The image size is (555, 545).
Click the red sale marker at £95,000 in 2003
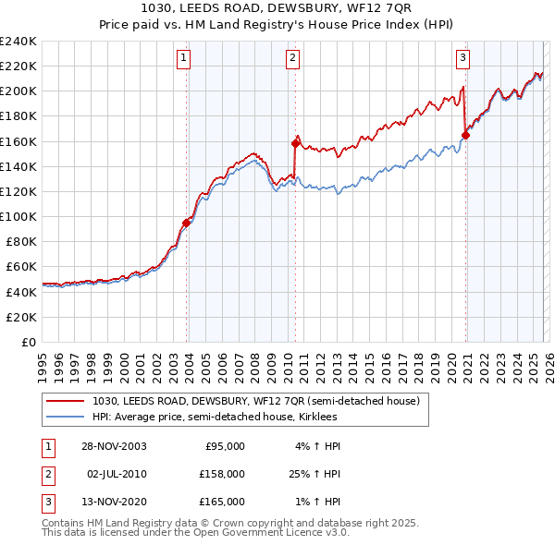coord(187,223)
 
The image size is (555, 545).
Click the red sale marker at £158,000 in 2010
coord(295,143)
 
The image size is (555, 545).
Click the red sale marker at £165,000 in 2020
coord(465,135)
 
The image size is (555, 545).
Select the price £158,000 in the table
coord(223,474)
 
